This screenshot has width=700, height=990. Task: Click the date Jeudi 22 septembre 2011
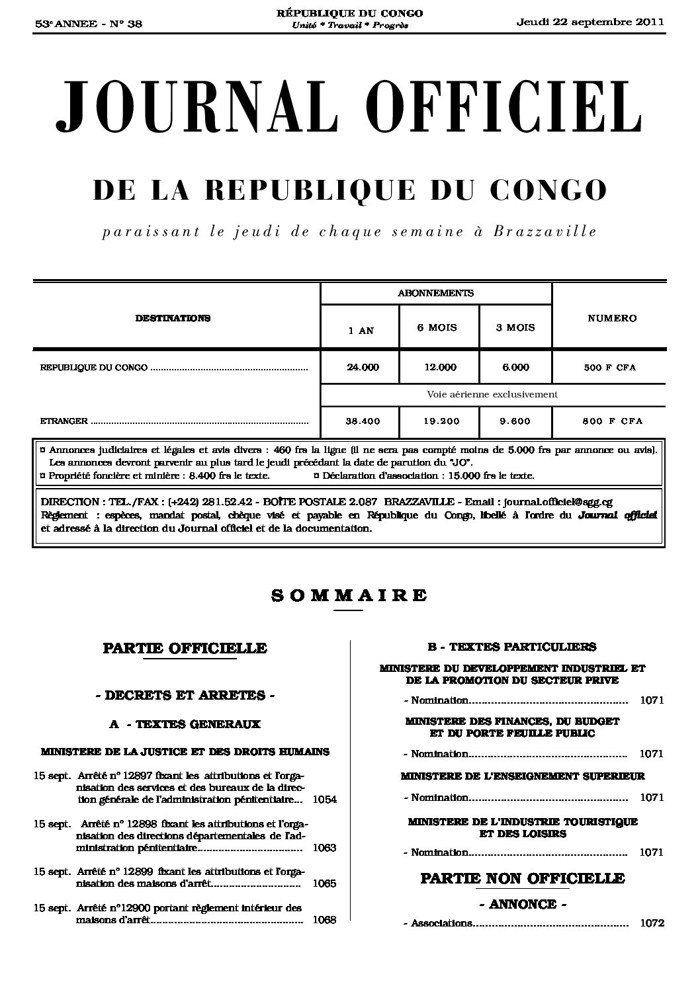590,22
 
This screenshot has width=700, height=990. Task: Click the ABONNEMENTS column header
435,293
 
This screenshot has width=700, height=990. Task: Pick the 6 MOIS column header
437,327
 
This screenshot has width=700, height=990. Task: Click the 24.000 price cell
363,367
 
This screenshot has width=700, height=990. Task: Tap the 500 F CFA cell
609,368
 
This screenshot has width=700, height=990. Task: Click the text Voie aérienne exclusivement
492,394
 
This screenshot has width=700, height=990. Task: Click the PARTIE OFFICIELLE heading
185,648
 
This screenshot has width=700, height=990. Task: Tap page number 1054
324,799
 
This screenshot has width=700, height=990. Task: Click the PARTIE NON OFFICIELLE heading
523,878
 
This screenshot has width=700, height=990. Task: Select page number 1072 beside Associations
652,923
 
